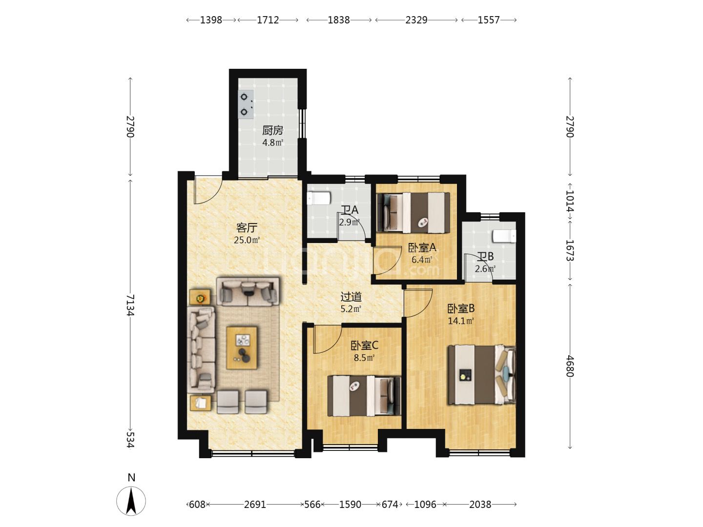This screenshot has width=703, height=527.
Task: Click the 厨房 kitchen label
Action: [x=272, y=131]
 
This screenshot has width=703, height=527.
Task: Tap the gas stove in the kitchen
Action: [x=246, y=104]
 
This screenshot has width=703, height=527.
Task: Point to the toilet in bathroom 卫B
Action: [x=504, y=237]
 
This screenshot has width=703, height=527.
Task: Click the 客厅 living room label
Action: [x=247, y=228]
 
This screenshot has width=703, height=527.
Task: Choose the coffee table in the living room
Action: [x=242, y=348]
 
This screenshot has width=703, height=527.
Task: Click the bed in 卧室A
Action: [x=414, y=212]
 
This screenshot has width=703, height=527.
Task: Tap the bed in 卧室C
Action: [x=364, y=396]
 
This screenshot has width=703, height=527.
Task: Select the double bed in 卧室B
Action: [x=482, y=374]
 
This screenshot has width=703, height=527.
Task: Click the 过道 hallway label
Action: [x=351, y=297]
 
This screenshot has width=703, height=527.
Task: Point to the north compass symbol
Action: [x=131, y=500]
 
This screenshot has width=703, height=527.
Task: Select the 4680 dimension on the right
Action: [x=570, y=366]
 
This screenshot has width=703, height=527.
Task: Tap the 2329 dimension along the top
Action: [x=416, y=20]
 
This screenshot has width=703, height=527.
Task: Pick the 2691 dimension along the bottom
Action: [x=255, y=505]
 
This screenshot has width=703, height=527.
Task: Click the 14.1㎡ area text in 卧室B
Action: [x=461, y=321]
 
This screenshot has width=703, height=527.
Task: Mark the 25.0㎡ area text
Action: [x=247, y=240]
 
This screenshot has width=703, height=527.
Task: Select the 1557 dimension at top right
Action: [x=489, y=20]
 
